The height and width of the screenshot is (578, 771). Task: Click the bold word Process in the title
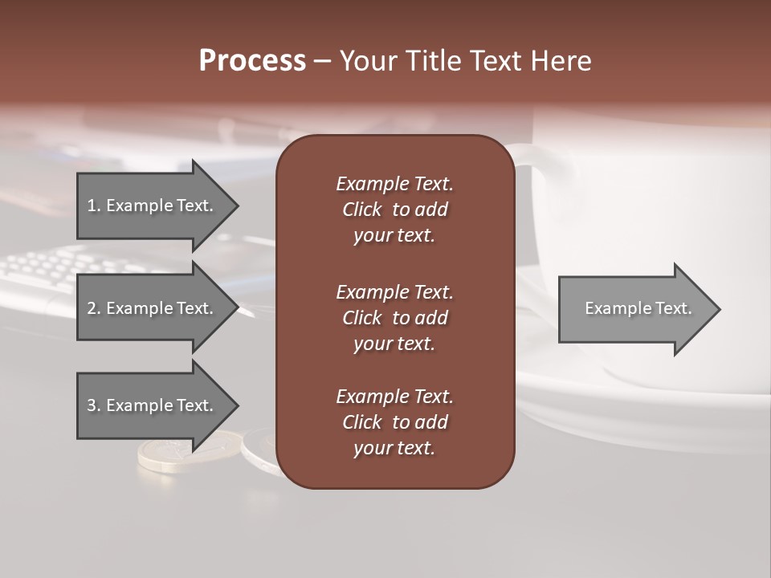pyautogui.click(x=252, y=61)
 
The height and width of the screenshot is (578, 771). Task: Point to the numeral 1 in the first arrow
pyautogui.click(x=92, y=206)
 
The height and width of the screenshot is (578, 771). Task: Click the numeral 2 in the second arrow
pyautogui.click(x=92, y=308)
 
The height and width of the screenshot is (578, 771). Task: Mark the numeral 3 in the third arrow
pyautogui.click(x=92, y=405)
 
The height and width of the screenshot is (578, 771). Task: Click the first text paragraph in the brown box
pyautogui.click(x=394, y=210)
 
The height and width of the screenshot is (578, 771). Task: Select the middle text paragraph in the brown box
pyautogui.click(x=394, y=318)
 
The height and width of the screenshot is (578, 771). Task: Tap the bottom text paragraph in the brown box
pyautogui.click(x=394, y=422)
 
